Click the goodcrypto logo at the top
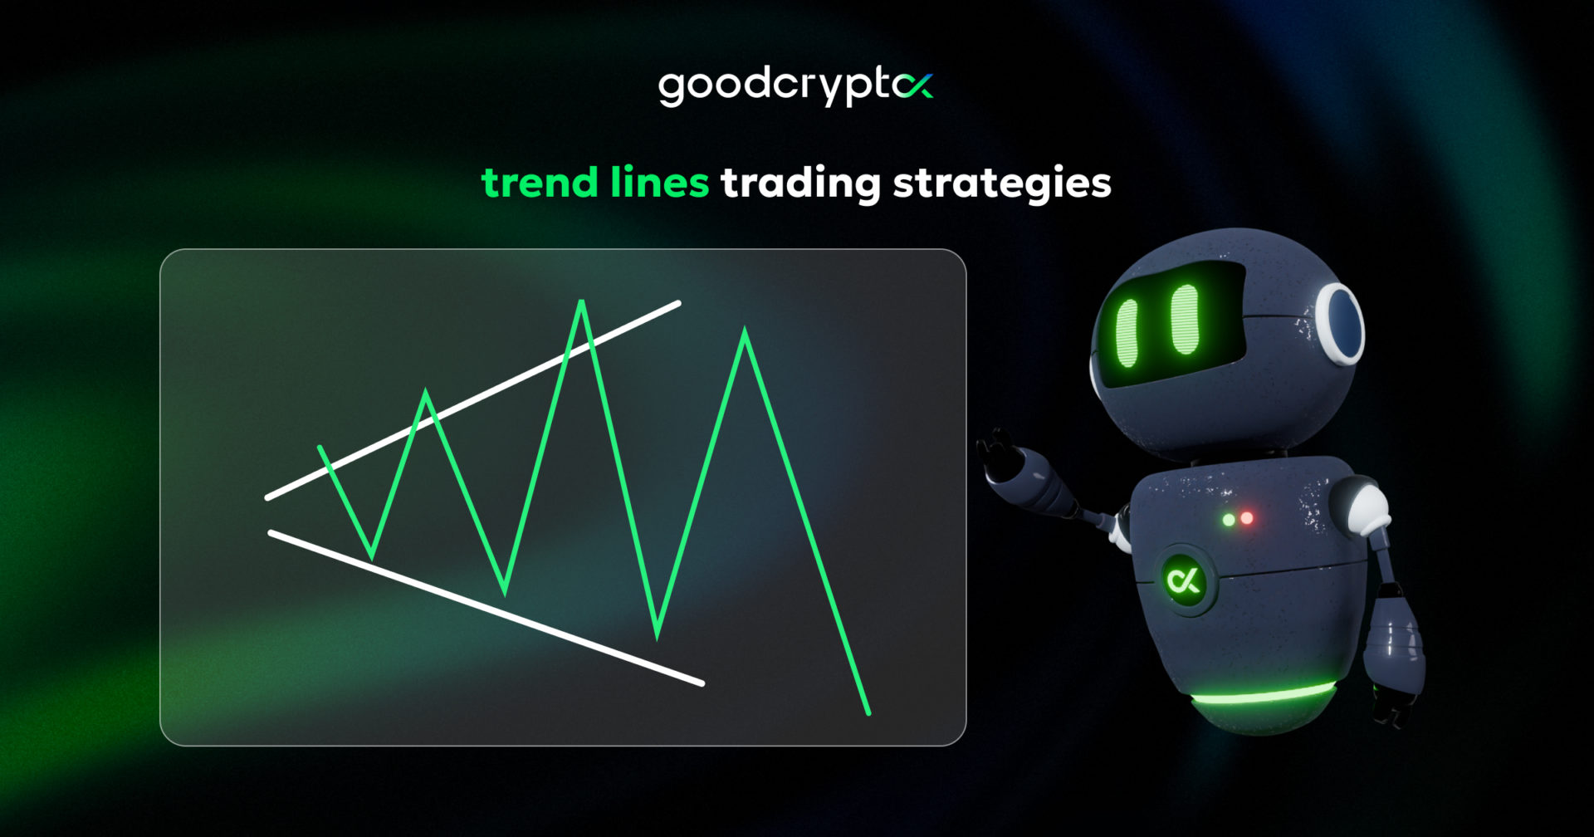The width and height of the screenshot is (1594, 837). pyautogui.click(x=795, y=86)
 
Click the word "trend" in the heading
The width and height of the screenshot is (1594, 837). pyautogui.click(x=539, y=183)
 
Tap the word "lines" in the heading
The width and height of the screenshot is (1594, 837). pyautogui.click(x=659, y=182)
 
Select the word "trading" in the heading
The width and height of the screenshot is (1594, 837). pyautogui.click(x=799, y=184)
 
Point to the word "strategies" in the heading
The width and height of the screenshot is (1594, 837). pyautogui.click(x=1001, y=184)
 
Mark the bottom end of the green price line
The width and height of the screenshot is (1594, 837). pyautogui.click(x=868, y=712)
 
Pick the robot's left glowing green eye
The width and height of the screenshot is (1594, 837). pyautogui.click(x=1127, y=332)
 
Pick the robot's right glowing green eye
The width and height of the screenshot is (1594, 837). pyautogui.click(x=1185, y=319)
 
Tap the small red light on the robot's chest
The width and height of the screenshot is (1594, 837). pyautogui.click(x=1246, y=519)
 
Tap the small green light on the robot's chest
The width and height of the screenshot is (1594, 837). pyautogui.click(x=1229, y=520)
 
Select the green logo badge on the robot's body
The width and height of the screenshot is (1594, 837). pyautogui.click(x=1183, y=579)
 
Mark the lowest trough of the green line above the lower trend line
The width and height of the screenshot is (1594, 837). pyautogui.click(x=657, y=636)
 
